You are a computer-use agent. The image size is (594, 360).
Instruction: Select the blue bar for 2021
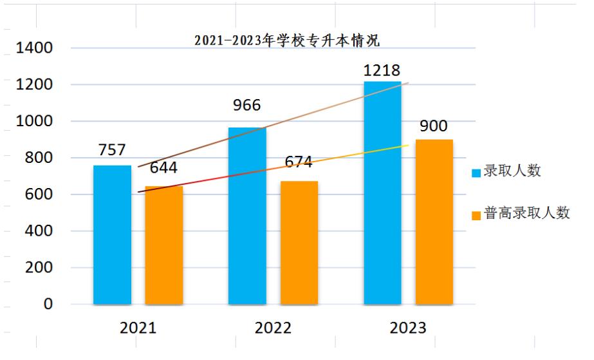pyautogui.click(x=112, y=235)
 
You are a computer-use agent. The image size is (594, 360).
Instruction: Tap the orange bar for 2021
pyautogui.click(x=163, y=245)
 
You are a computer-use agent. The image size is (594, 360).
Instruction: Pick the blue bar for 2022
pyautogui.click(x=247, y=216)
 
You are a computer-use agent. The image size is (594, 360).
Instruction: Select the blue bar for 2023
pyautogui.click(x=382, y=193)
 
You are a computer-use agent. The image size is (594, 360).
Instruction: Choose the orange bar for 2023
pyautogui.click(x=434, y=222)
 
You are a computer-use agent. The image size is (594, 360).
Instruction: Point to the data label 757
pyautogui.click(x=112, y=150)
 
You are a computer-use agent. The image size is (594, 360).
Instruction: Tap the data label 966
pyautogui.click(x=247, y=106)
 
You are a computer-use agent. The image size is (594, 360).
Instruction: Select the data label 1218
pyautogui.click(x=382, y=70)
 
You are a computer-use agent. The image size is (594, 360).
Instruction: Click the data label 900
pyautogui.click(x=434, y=126)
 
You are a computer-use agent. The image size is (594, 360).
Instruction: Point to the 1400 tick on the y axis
pyautogui.click(x=38, y=48)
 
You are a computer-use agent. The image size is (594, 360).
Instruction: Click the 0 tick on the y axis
pyautogui.click(x=48, y=304)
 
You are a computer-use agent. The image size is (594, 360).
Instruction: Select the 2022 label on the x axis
pyautogui.click(x=273, y=328)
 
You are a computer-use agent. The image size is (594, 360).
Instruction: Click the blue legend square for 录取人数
pyautogui.click(x=476, y=173)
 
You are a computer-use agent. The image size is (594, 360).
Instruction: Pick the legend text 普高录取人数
pyautogui.click(x=527, y=214)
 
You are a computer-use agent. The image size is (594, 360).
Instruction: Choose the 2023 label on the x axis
pyautogui.click(x=408, y=328)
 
